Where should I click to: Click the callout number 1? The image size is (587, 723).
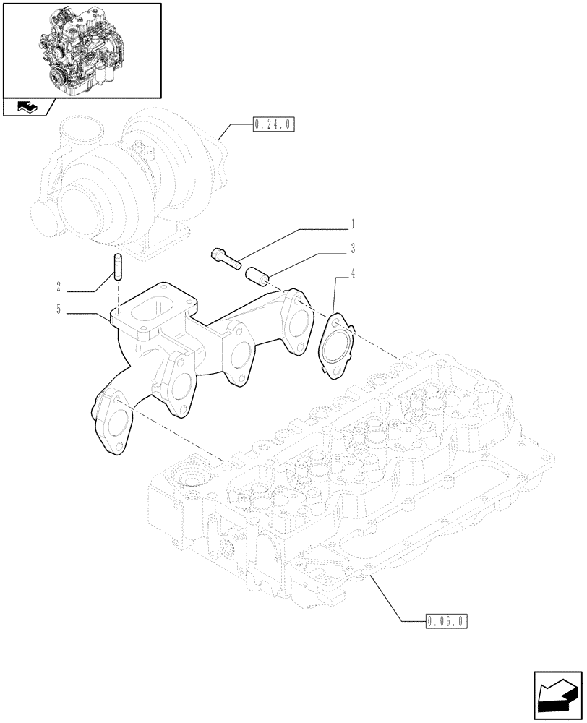point(352,223)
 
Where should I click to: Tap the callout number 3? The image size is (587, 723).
point(352,248)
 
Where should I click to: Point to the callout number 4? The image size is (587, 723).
point(352,273)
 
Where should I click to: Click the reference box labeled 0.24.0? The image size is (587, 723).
point(273,125)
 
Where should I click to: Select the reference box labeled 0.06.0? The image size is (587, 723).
point(446,620)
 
